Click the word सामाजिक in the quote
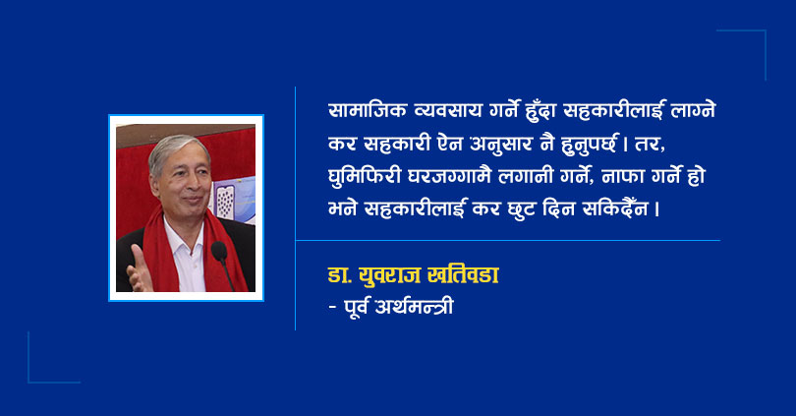click(368, 111)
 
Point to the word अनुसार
click(500, 144)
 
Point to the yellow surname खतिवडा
click(464, 275)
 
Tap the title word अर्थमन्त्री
click(414, 306)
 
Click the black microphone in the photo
click(219, 251)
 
